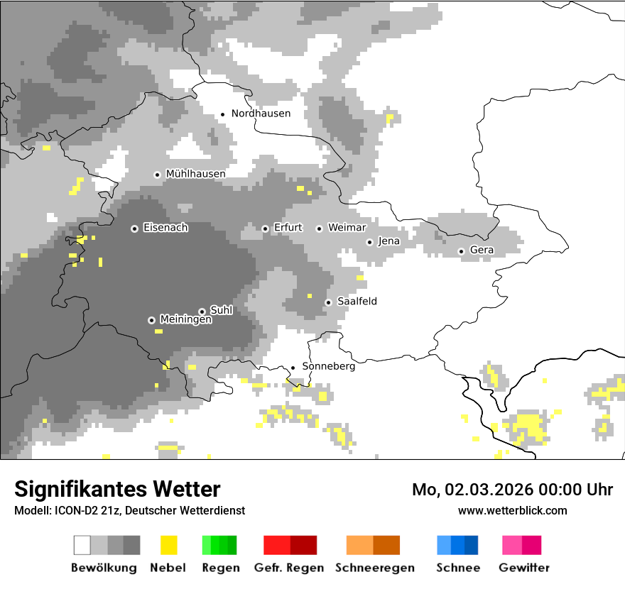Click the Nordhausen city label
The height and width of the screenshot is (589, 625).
point(261,114)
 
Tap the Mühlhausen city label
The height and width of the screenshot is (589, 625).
point(195,174)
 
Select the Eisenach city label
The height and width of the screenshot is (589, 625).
point(165,228)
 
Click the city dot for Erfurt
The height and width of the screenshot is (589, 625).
point(265,229)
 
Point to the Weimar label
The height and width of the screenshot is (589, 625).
point(347,228)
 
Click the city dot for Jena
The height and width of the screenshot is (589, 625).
point(369,242)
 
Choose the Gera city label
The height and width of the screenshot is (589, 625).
point(482,251)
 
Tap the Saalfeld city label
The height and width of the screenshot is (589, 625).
point(357,302)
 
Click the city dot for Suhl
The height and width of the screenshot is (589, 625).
point(202,312)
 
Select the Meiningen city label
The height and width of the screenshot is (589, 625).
point(185,320)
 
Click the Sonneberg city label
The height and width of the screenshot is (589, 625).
point(328,367)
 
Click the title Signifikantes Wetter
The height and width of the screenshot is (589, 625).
point(117,489)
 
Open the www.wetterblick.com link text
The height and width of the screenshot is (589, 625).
point(512,510)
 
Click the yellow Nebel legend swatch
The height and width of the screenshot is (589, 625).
point(168,545)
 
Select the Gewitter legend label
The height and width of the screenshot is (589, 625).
point(523,568)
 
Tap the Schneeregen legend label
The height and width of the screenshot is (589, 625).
point(375,568)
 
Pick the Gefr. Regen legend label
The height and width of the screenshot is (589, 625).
point(288,568)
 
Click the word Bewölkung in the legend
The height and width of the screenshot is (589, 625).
point(104,568)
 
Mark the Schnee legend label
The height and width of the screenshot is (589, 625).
point(457,568)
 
